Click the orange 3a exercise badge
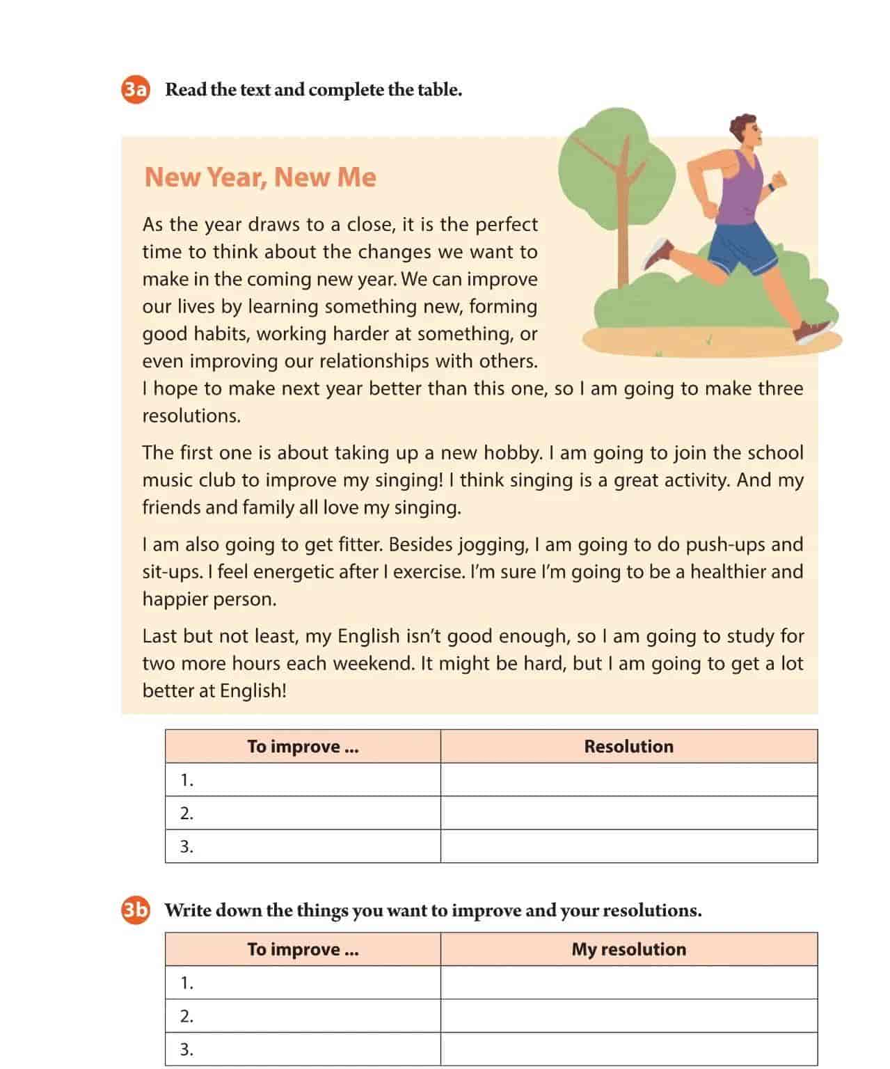(x=136, y=90)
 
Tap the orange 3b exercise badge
(x=136, y=910)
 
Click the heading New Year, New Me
(x=260, y=177)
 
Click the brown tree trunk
(x=623, y=223)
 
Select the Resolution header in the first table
(x=628, y=746)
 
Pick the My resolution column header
(x=628, y=949)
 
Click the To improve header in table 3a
(x=303, y=746)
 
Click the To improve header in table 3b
(x=303, y=949)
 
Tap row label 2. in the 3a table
(x=186, y=813)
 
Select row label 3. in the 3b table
(x=186, y=1050)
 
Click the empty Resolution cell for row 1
(x=628, y=779)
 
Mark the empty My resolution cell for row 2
(x=628, y=1016)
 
